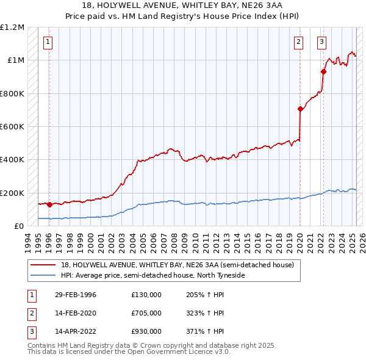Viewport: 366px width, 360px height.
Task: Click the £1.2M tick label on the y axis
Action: [x=12, y=27]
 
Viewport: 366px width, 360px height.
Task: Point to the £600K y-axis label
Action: [x=12, y=127]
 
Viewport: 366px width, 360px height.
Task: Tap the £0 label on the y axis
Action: [x=19, y=226]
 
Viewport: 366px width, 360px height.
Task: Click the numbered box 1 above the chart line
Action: [x=48, y=42]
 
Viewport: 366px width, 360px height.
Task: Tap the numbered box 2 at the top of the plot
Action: [x=298, y=42]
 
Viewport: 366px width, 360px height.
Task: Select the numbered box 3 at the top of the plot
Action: [x=321, y=42]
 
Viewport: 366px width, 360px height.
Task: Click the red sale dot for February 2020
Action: [x=300, y=109]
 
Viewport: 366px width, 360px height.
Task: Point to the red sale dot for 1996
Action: [x=49, y=204]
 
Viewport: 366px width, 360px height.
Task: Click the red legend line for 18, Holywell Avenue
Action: [x=43, y=265]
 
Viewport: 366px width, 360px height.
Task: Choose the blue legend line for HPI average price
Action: [x=43, y=275]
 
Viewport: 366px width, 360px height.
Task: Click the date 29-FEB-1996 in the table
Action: [x=75, y=295]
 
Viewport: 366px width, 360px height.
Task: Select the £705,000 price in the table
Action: [x=146, y=313]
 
